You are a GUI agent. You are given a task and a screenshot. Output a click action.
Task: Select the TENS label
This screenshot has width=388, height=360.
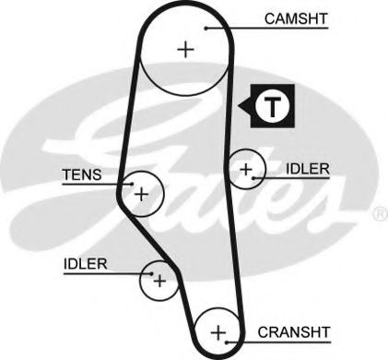(x=83, y=174)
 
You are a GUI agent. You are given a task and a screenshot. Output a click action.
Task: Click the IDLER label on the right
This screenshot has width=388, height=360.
(x=307, y=169)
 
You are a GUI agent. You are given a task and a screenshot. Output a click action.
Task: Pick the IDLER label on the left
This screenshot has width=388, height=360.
(x=86, y=263)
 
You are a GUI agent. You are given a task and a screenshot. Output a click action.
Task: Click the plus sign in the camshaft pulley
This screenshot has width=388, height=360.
(x=186, y=49)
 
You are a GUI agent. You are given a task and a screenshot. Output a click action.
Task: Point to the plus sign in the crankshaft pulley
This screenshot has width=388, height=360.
(x=218, y=331)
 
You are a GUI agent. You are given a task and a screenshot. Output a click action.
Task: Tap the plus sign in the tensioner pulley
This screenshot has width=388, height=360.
(x=141, y=194)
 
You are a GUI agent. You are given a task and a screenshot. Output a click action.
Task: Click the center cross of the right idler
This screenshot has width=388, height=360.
(x=245, y=169)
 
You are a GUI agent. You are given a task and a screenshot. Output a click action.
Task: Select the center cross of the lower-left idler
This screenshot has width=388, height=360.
(x=159, y=278)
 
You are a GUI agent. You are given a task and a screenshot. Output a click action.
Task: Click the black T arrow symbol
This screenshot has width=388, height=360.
(x=267, y=107)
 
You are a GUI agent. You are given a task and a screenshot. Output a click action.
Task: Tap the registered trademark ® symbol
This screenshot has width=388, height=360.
(x=379, y=214)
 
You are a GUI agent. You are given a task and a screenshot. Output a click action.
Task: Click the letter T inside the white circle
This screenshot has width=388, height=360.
(x=273, y=107)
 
